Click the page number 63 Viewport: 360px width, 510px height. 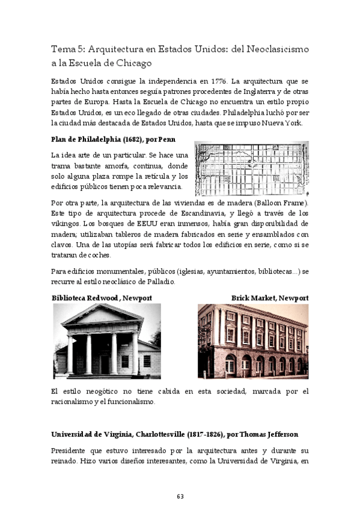pyautogui.click(x=180, y=496)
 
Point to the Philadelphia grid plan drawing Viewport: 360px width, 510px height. pyautogui.click(x=251, y=169)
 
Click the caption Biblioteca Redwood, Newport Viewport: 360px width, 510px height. pyautogui.click(x=102, y=298)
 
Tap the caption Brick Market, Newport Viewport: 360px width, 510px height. pyautogui.click(x=269, y=298)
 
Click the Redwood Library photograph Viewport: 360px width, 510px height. pyautogui.click(x=107, y=341)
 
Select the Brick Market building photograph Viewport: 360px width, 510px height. pyautogui.click(x=252, y=341)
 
